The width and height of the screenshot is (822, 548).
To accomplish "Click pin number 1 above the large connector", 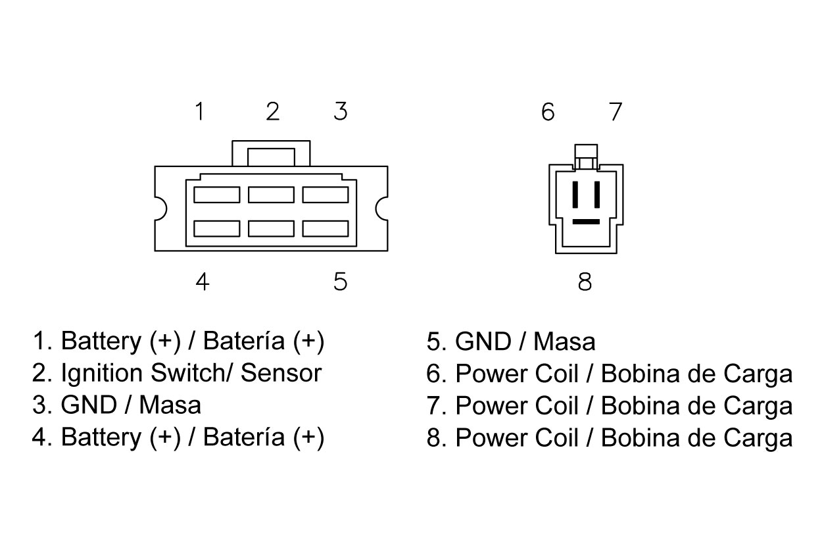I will [199, 112].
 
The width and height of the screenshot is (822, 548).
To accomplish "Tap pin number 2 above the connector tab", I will [272, 112].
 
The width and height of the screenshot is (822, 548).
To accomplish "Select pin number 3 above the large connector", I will [340, 112].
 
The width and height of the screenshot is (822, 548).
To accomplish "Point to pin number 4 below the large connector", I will [203, 282].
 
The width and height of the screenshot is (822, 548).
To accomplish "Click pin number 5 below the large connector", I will [340, 282].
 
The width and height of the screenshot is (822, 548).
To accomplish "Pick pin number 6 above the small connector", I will [548, 112].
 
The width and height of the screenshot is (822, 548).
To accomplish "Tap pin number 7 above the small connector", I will [615, 112].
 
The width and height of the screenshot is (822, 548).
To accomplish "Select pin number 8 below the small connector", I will [585, 282].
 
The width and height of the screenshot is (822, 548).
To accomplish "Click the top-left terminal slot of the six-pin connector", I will [216, 195].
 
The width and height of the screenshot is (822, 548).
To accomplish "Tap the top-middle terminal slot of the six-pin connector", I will [271, 195].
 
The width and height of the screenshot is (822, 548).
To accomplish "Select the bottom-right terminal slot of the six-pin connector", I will [325, 228].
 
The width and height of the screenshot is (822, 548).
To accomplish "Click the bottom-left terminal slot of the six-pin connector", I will [216, 228].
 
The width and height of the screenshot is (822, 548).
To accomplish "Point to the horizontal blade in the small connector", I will [586, 222].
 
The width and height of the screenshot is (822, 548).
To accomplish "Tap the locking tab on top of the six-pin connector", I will [270, 157].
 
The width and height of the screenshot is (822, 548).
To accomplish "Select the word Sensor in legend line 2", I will [281, 373].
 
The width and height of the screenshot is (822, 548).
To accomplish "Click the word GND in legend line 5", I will [481, 342].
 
